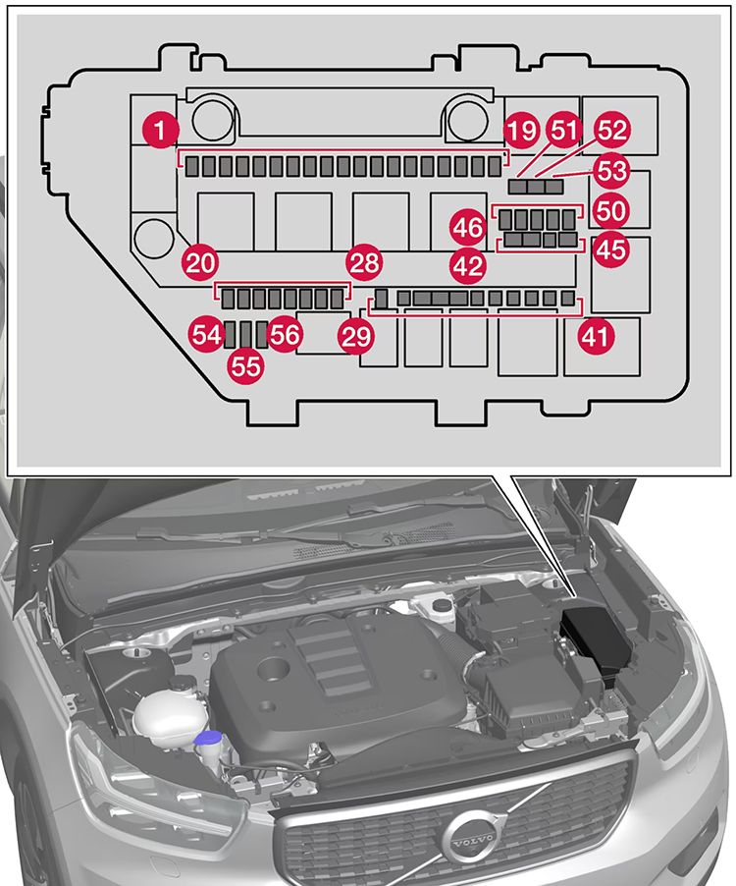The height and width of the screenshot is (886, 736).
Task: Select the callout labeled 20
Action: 200,262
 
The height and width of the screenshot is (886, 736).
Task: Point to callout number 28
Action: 364,262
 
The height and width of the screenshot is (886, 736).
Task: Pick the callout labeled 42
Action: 468,262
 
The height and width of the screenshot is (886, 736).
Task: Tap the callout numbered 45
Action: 611,249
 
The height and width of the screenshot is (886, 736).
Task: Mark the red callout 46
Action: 468,227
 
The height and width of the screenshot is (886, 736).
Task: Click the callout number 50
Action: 611,210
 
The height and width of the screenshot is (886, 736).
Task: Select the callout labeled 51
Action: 565,129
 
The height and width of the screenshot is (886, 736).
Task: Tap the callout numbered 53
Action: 611,170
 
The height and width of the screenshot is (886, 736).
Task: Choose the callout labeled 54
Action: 207,335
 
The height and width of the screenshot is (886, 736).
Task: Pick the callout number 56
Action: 285,335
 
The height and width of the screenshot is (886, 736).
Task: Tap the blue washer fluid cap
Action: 207,740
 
